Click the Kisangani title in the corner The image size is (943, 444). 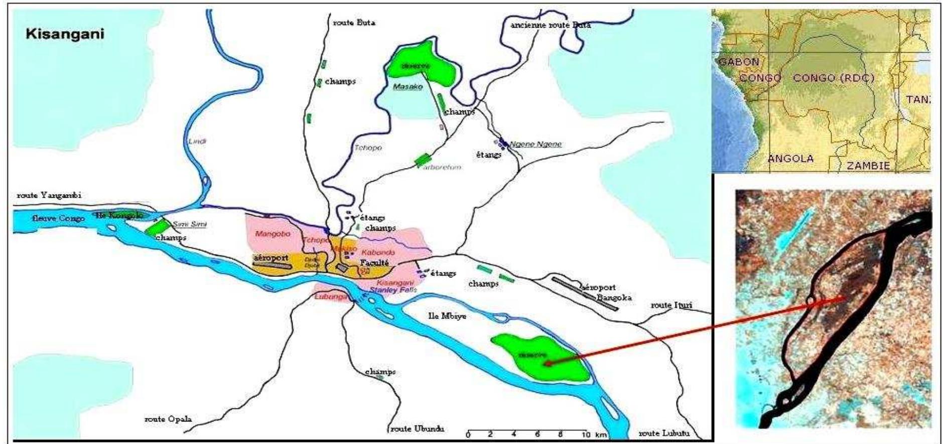click(x=65, y=34)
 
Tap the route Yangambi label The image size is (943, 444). click(x=49, y=195)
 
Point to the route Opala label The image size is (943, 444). click(x=168, y=419)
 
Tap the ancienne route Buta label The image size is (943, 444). click(x=551, y=25)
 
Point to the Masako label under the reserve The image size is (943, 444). click(x=408, y=87)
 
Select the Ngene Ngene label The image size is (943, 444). click(x=535, y=144)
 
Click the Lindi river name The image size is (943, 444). click(x=198, y=141)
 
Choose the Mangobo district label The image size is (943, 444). click(x=270, y=234)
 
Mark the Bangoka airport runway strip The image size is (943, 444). click(x=585, y=294)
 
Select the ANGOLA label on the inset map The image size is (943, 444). click(x=790, y=159)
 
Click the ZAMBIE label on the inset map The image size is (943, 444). click(x=868, y=166)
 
